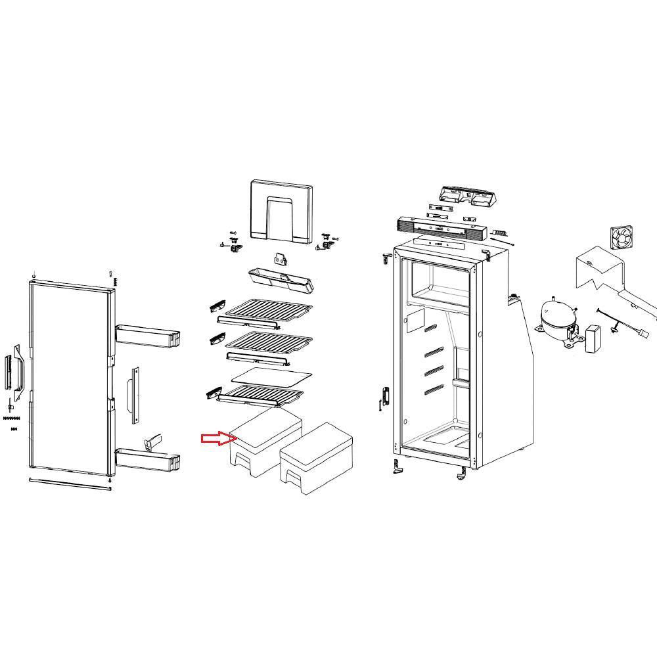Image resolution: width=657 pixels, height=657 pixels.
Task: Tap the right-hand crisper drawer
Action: pos(317,458)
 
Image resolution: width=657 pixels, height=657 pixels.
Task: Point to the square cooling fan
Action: pos(622,237)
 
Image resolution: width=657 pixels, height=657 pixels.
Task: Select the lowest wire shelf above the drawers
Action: pos(260,396)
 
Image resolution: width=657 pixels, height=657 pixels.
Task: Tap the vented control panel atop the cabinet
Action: pos(440,229)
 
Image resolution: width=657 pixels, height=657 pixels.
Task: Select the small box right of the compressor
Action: pos(594,338)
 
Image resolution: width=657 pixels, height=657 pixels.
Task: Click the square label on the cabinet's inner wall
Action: pos(415,321)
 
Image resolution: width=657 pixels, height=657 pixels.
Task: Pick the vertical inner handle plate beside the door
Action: pos(135,394)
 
